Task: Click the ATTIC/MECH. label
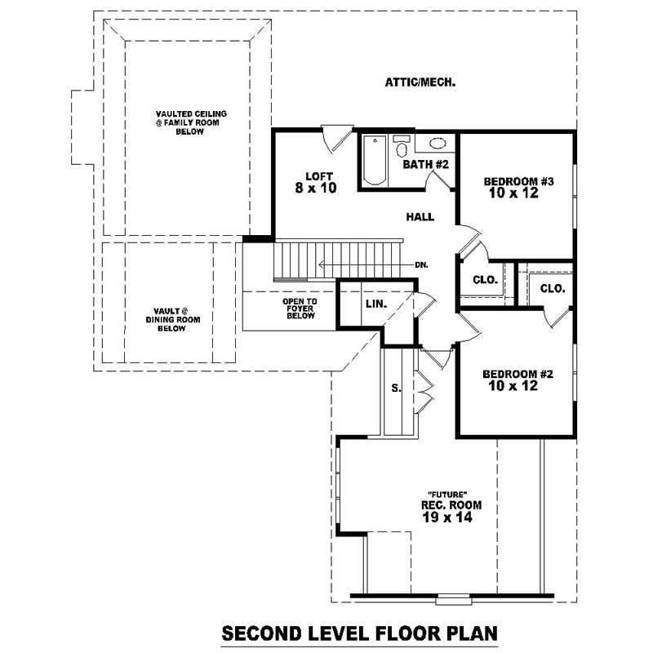(419, 82)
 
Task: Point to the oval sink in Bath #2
(438, 144)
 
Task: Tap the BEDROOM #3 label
(519, 181)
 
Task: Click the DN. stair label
(422, 264)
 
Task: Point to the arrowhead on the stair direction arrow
(322, 264)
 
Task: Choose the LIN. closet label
(375, 304)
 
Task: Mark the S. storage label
(397, 389)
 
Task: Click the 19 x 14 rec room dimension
(446, 518)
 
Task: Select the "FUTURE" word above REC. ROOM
(446, 495)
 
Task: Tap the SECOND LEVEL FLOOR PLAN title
(360, 633)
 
